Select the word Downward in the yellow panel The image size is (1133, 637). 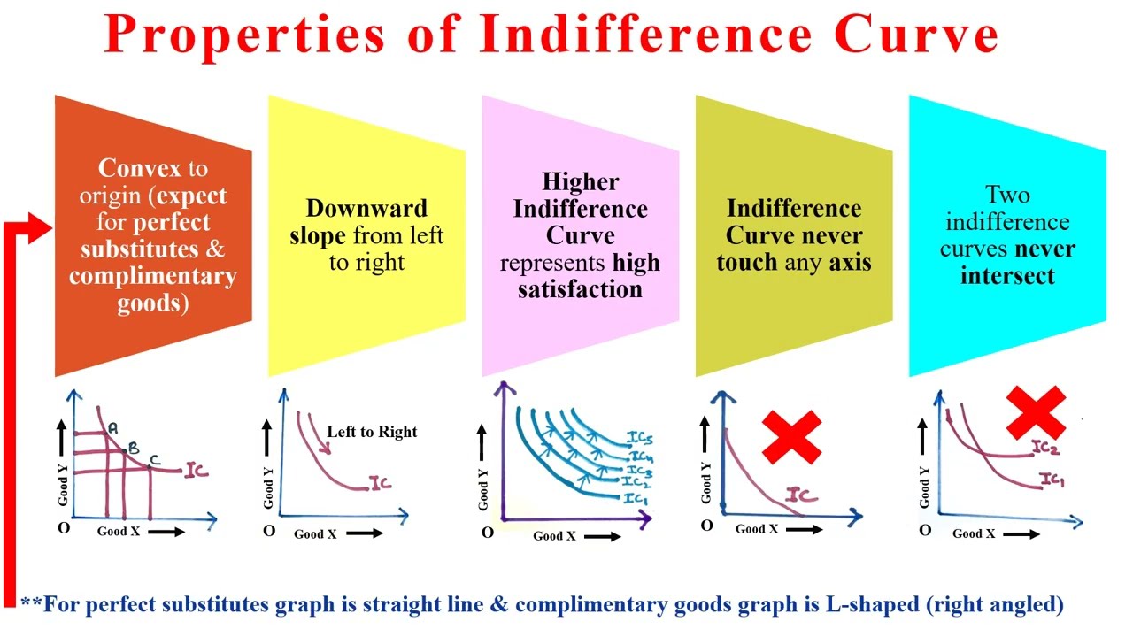(366, 209)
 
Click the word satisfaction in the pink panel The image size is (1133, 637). (580, 288)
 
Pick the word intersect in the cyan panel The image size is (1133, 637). (1007, 275)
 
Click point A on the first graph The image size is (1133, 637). (112, 428)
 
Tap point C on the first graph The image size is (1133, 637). (154, 459)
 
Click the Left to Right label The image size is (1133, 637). (372, 432)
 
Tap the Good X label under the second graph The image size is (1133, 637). (315, 533)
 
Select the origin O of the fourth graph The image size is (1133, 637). (706, 526)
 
